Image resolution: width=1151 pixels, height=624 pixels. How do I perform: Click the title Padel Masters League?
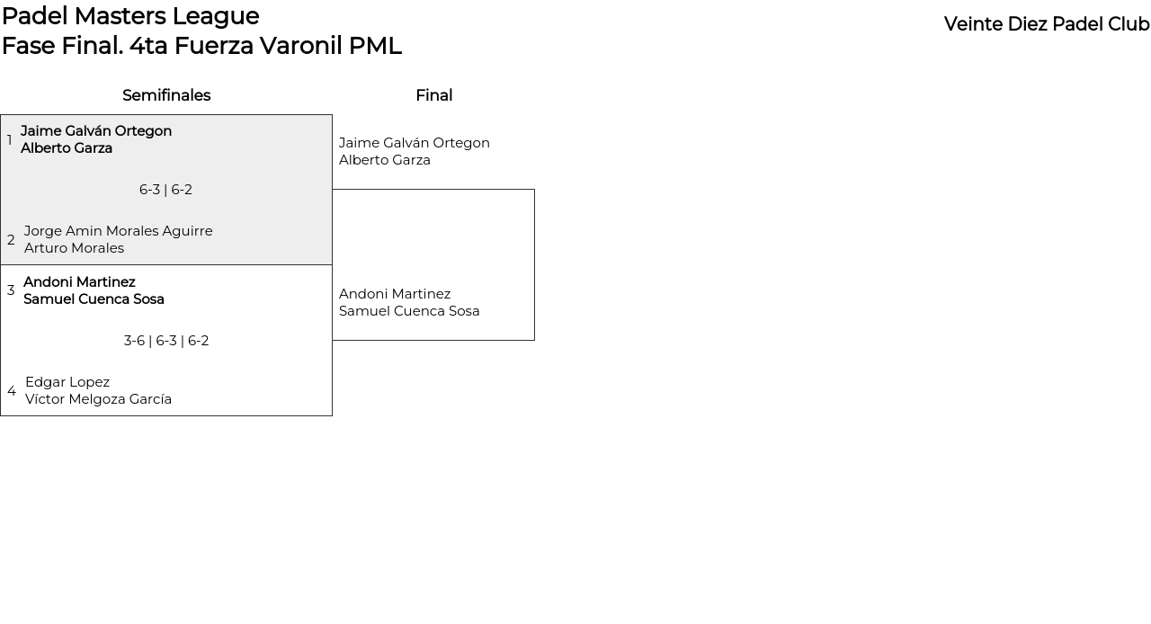point(130,16)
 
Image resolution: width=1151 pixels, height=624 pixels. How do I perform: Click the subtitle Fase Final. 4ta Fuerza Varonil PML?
point(201,46)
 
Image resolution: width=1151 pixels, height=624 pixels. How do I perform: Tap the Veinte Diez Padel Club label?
point(1046,24)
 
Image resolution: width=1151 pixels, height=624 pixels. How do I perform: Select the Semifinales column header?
point(166,95)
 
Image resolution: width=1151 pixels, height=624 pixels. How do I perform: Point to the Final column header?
point(433,95)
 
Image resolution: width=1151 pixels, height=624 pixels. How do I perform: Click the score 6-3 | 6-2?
point(165,190)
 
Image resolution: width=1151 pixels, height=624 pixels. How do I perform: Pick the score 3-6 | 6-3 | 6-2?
point(166,341)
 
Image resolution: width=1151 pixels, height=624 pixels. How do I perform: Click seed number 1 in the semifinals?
point(10,140)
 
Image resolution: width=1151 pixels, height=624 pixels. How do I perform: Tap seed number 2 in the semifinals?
point(11,240)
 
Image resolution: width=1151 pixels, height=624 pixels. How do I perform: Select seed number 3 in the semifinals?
point(11,290)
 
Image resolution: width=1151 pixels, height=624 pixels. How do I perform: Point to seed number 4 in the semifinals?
point(12,391)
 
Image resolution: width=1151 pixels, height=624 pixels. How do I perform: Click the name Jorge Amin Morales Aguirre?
point(119,231)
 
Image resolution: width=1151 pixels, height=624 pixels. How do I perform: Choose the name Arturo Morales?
point(74,248)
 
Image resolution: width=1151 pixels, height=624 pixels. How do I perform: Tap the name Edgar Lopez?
point(67,382)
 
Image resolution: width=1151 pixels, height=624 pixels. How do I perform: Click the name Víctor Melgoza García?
point(98,399)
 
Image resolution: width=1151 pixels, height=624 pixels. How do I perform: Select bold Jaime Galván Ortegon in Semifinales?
point(96,131)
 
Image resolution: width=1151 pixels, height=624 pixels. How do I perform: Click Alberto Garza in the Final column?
point(385,160)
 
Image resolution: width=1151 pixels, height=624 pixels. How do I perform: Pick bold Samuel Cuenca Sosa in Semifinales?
point(94,299)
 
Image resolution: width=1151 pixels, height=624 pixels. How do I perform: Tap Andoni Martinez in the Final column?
point(395,294)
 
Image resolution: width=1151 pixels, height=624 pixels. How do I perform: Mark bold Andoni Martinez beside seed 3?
point(79,282)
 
